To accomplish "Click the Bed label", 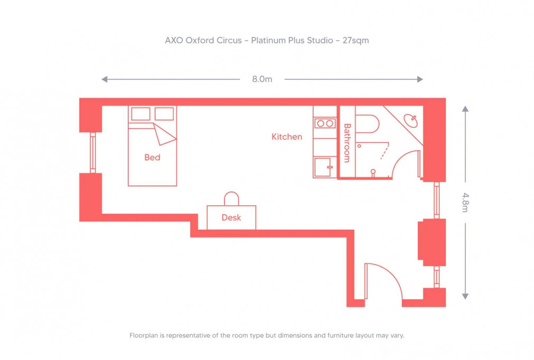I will (152, 157).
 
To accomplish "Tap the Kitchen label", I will (287, 137).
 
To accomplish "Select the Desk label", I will (231, 217).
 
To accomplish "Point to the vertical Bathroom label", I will (347, 143).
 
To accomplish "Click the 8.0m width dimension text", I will (262, 79).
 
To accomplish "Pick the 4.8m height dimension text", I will (465, 202).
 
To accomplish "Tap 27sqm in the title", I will (355, 40).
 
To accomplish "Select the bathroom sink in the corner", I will (411, 121).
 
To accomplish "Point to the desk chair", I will (231, 198).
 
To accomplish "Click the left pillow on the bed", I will (140, 113).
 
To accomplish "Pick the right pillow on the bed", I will (164, 113).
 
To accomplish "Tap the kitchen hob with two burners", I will (324, 124).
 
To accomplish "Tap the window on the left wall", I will (93, 152).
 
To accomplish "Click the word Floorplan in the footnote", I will (144, 335).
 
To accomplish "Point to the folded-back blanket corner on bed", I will (164, 134).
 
